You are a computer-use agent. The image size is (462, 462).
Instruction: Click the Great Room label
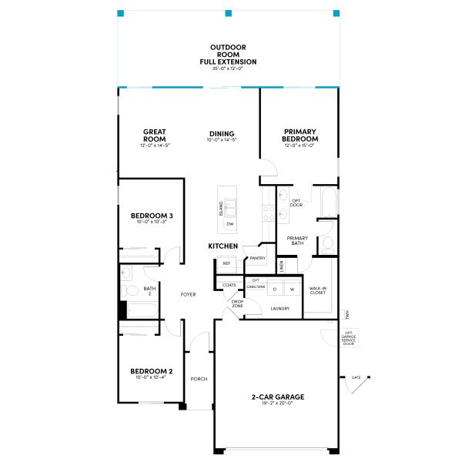tap(154, 136)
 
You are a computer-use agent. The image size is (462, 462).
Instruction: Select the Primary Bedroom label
tap(300, 136)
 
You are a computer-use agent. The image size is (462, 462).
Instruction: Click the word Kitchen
tap(223, 246)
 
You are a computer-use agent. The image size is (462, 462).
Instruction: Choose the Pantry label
tap(258, 258)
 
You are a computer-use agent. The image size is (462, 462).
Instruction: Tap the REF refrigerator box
tap(226, 263)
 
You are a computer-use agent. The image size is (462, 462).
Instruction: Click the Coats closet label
tap(229, 285)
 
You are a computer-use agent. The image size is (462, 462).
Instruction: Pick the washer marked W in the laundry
tap(293, 289)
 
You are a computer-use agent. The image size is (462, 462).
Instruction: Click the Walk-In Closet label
tap(318, 291)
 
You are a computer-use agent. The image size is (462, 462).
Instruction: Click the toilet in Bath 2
tap(129, 291)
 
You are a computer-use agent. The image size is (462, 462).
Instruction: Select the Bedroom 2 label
tap(151, 373)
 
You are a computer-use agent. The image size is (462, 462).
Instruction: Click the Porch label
tap(199, 379)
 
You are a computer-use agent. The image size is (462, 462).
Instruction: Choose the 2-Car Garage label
tap(278, 398)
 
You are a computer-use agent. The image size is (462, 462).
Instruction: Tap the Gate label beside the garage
tap(356, 377)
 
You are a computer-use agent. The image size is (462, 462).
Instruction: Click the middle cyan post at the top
tap(228, 13)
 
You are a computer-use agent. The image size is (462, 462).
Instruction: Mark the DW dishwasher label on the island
tap(229, 224)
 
